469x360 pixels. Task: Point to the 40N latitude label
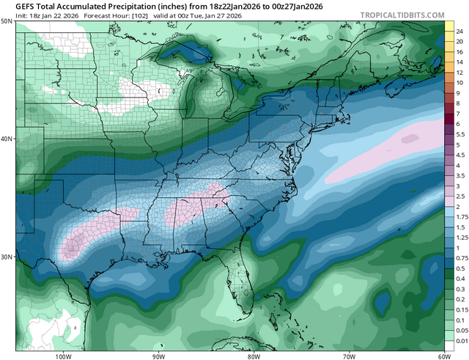click(7, 139)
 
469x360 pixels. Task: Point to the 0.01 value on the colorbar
click(459, 341)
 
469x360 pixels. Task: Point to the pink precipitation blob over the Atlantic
click(374, 154)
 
